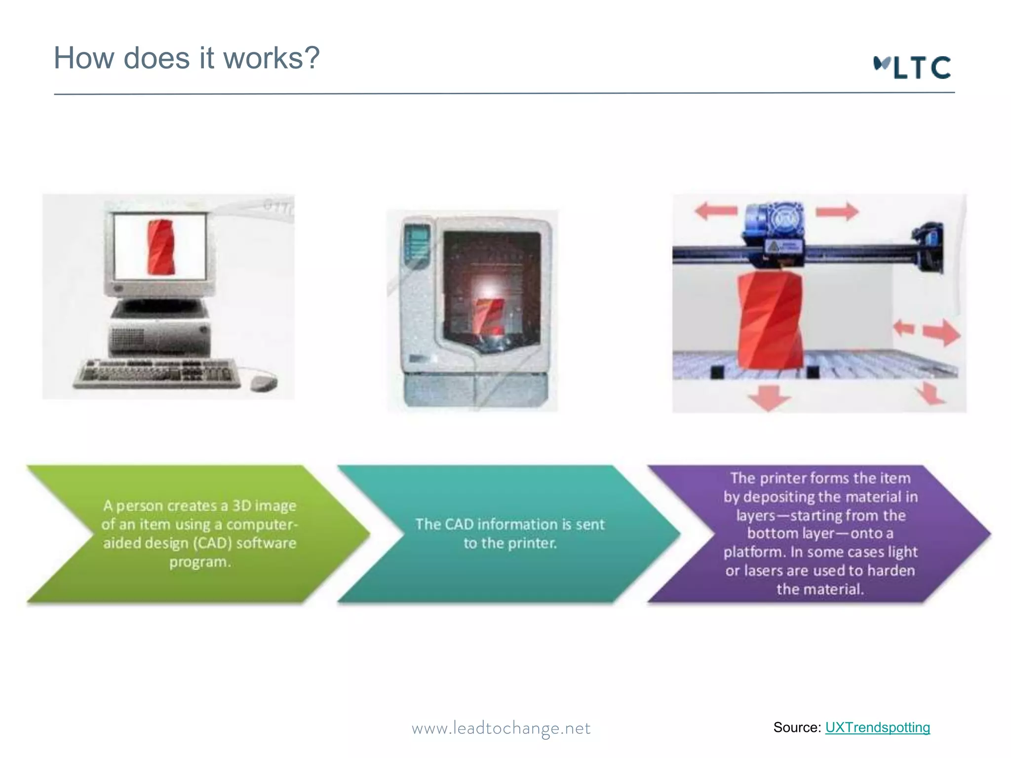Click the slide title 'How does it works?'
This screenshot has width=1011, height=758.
pos(187,58)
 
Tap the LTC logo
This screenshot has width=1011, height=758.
pos(912,68)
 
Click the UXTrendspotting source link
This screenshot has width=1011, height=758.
pos(877,727)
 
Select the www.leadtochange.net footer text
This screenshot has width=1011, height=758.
pos(501,728)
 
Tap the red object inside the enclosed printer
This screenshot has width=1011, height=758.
pos(489,316)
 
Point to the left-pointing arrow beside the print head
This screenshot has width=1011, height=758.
pos(715,211)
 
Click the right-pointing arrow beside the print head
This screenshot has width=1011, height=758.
pos(837,211)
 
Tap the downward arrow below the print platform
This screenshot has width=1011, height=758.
pos(768,397)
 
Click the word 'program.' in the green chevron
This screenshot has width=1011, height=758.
pos(200,562)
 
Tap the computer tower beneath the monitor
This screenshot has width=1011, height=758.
pos(160,336)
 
